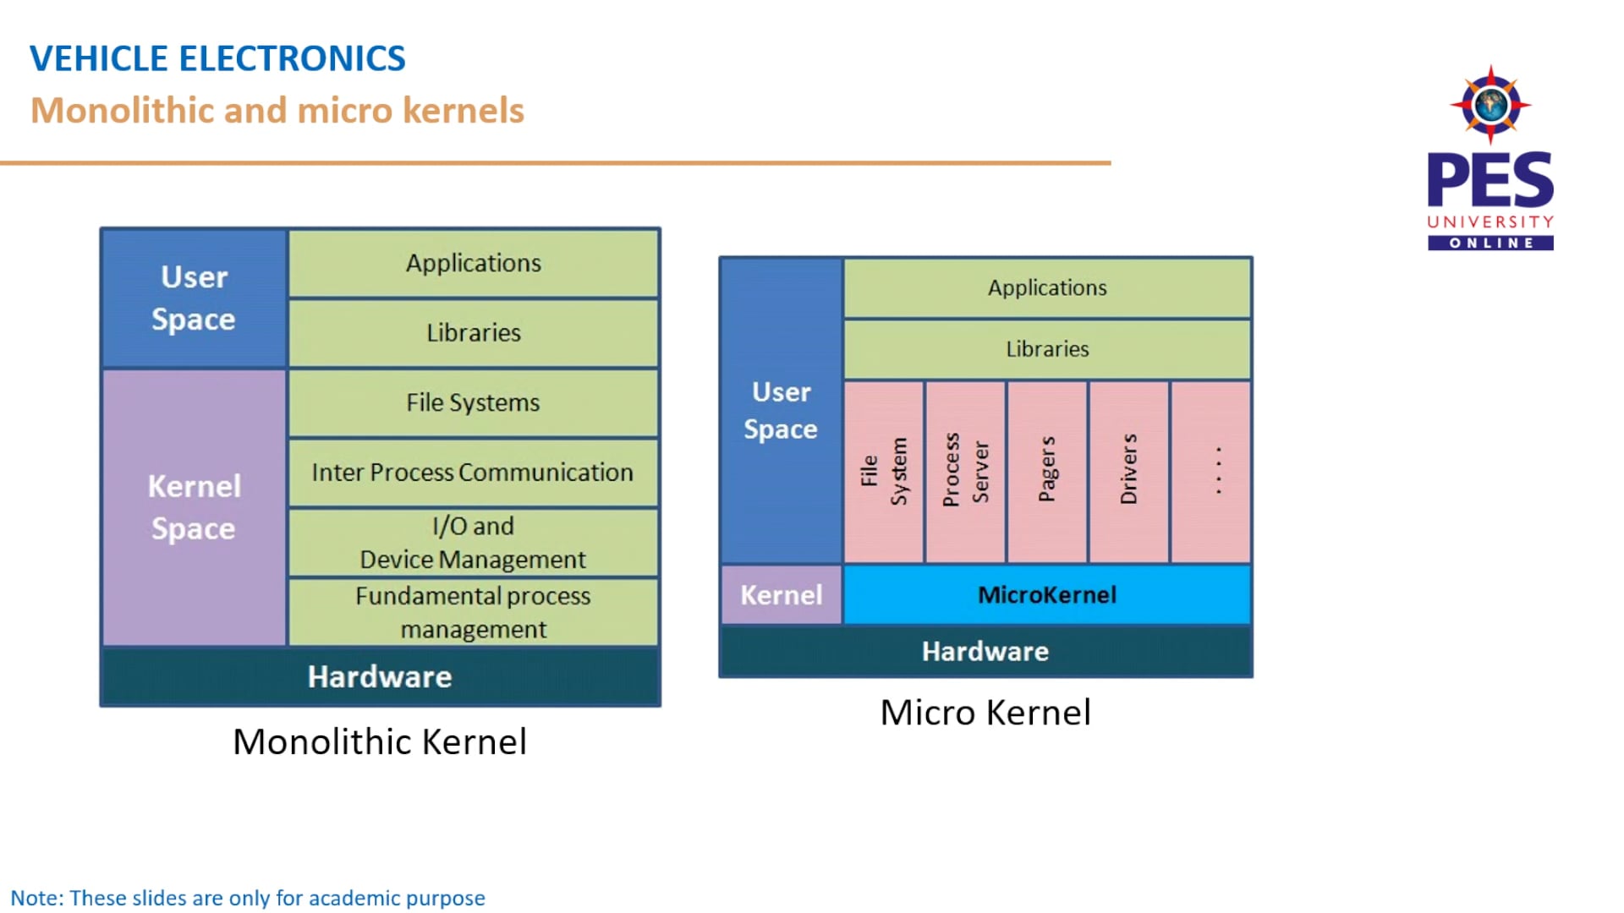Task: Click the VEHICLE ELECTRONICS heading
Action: pyautogui.click(x=217, y=58)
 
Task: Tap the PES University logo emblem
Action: pyautogui.click(x=1490, y=105)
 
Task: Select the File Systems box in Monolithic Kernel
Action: pyautogui.click(x=473, y=402)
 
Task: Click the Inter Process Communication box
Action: pyautogui.click(x=473, y=472)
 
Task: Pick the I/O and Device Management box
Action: pyautogui.click(x=473, y=542)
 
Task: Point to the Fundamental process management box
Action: pyautogui.click(x=473, y=612)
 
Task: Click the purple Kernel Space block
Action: pyautogui.click(x=194, y=507)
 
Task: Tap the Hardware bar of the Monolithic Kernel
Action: pyautogui.click(x=380, y=676)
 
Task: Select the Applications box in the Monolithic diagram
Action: pyautogui.click(x=473, y=263)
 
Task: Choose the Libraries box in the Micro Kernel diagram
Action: pyautogui.click(x=1047, y=348)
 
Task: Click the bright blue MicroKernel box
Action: pyautogui.click(x=1047, y=594)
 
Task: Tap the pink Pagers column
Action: pyautogui.click(x=1047, y=471)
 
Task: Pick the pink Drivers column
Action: pyautogui.click(x=1129, y=471)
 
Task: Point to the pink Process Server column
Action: pyautogui.click(x=965, y=471)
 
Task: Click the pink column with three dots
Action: pyautogui.click(x=1211, y=471)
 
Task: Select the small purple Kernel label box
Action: pyautogui.click(x=781, y=594)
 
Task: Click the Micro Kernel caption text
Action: pyautogui.click(x=985, y=712)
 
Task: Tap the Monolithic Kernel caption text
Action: pyautogui.click(x=380, y=741)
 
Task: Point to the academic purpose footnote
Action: pyautogui.click(x=248, y=898)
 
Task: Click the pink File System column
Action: pyautogui.click(x=883, y=471)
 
